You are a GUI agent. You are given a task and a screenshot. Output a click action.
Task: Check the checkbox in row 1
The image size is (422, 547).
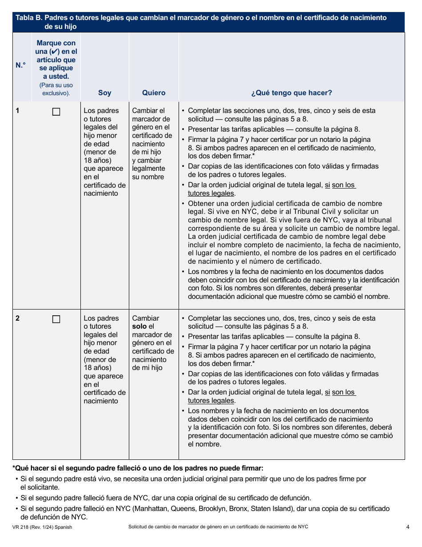[56, 112]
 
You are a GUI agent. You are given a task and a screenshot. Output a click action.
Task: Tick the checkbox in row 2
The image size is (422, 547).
[56, 319]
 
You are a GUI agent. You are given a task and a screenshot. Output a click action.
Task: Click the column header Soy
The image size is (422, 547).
[104, 93]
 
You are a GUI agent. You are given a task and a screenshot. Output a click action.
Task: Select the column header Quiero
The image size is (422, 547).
[154, 93]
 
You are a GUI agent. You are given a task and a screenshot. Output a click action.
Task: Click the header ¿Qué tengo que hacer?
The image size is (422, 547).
[291, 93]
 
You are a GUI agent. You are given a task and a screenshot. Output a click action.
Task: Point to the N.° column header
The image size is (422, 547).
[21, 65]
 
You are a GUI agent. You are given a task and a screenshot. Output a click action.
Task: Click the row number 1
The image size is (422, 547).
[18, 110]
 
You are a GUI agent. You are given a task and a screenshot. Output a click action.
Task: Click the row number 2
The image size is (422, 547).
[18, 318]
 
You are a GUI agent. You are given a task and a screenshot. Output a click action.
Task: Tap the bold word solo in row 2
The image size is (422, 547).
[139, 326]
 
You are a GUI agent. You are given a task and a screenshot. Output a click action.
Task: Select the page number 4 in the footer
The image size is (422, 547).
[407, 527]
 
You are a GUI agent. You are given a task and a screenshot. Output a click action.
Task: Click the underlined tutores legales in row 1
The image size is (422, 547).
[211, 193]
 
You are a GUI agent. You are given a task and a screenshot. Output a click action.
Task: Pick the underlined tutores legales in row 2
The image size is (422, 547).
[211, 401]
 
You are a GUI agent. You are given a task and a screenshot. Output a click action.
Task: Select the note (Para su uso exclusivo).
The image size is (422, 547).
[56, 89]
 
